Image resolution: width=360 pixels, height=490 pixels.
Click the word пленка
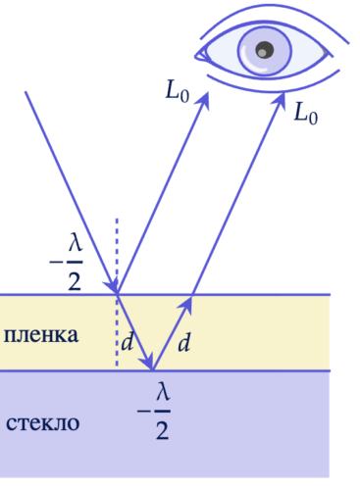point(40,335)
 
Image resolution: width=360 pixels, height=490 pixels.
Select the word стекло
point(42,423)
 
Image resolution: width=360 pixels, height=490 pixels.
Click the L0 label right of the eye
point(307,110)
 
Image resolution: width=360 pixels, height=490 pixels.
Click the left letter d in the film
point(127,342)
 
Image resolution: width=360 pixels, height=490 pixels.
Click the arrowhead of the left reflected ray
point(206,95)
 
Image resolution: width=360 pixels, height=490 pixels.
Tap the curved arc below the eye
point(270,88)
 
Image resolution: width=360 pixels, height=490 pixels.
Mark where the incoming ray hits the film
point(117,293)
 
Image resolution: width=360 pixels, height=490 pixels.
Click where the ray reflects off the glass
point(152,371)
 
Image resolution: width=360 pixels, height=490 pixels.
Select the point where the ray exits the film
point(191,293)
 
